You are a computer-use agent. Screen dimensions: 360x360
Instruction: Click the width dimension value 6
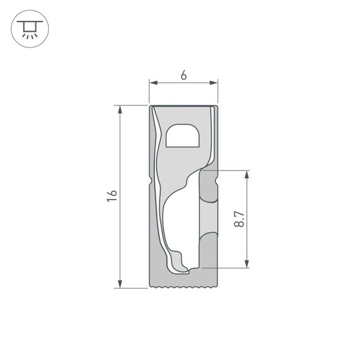point(183,75)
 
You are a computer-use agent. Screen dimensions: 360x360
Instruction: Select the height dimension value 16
point(112,196)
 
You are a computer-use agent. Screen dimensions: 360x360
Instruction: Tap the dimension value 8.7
point(239,219)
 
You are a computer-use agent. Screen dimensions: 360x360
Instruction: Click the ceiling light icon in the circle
point(30,28)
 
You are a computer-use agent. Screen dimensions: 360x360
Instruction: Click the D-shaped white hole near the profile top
point(183,136)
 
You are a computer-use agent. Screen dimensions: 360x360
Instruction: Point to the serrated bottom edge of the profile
point(183,287)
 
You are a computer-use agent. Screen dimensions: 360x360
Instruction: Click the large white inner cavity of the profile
point(183,221)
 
